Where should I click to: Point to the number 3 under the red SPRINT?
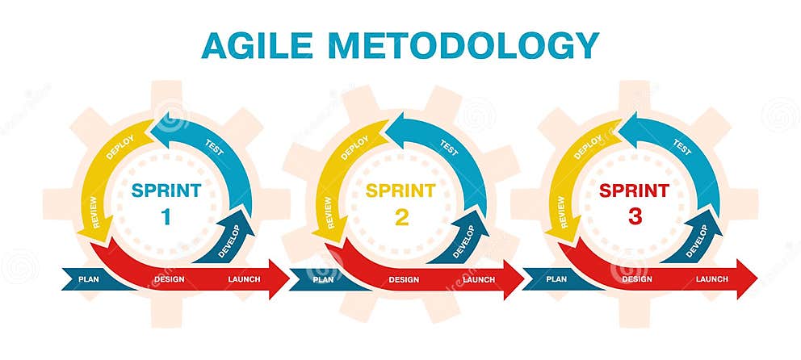[x=634, y=216]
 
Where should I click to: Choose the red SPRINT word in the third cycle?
[x=634, y=191]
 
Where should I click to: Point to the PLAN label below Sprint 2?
[x=323, y=280]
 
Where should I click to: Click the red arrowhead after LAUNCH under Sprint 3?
[x=747, y=279]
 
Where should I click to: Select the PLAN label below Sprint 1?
[x=89, y=280]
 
